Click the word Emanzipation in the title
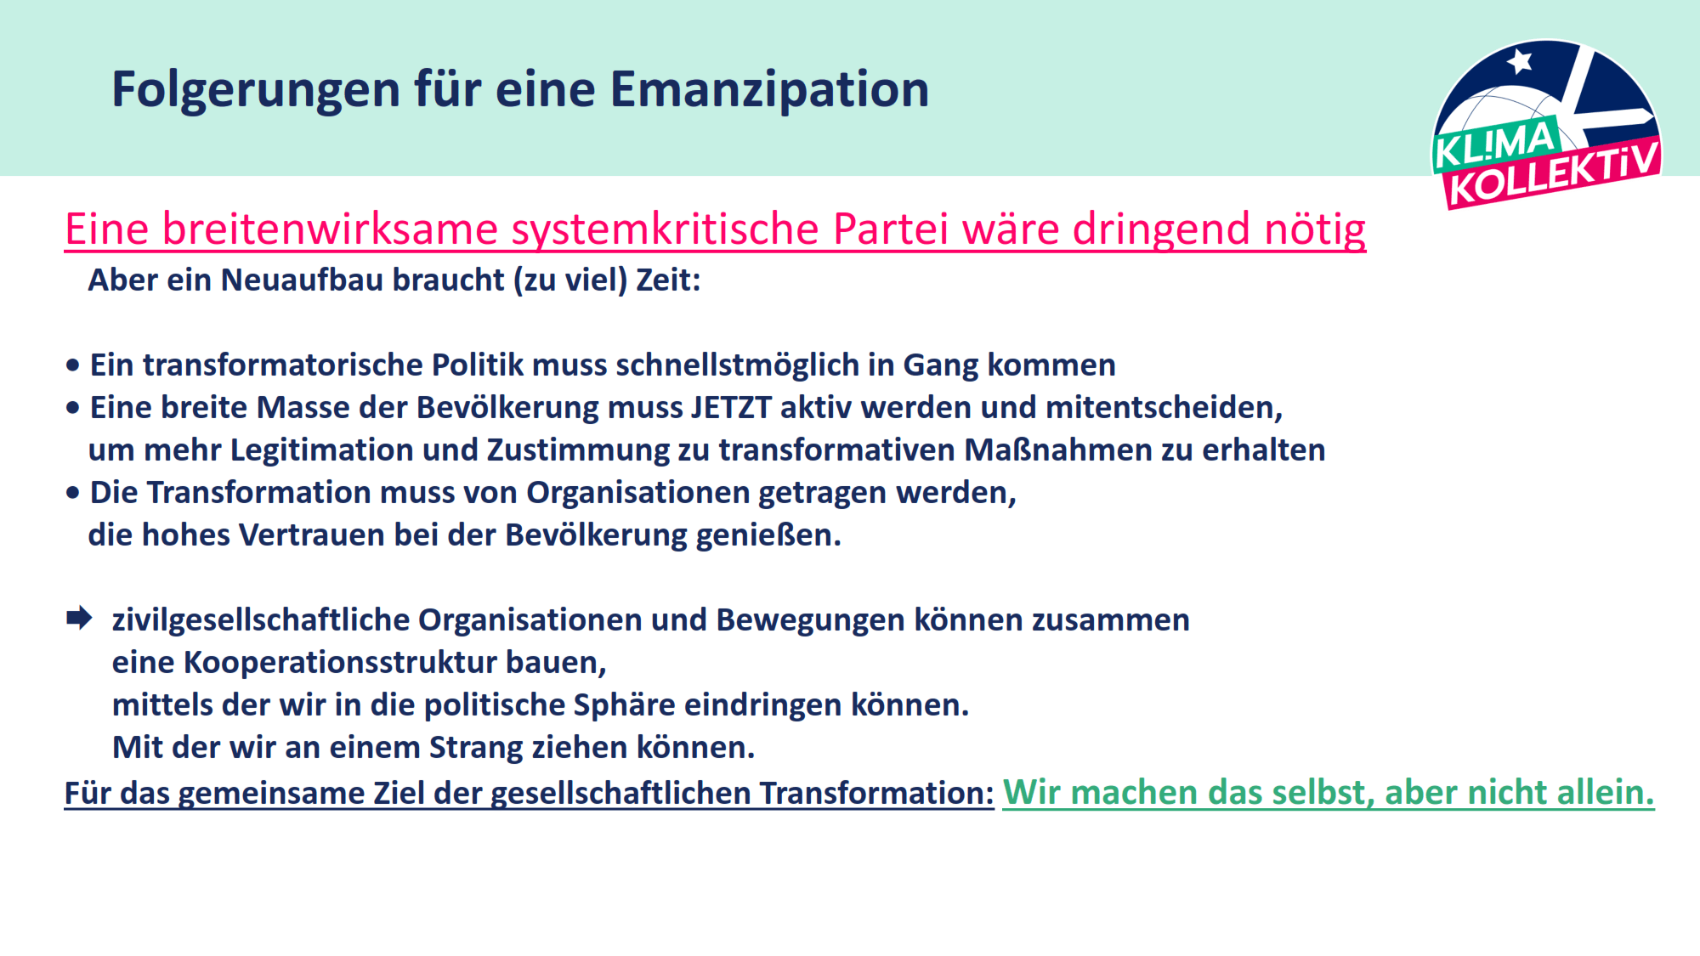(x=769, y=90)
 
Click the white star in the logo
(x=1520, y=61)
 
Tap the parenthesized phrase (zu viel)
(x=570, y=280)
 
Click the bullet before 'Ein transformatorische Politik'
(x=73, y=365)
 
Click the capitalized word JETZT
(x=731, y=407)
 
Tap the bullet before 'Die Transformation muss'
(x=73, y=493)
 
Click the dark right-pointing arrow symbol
(x=79, y=619)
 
